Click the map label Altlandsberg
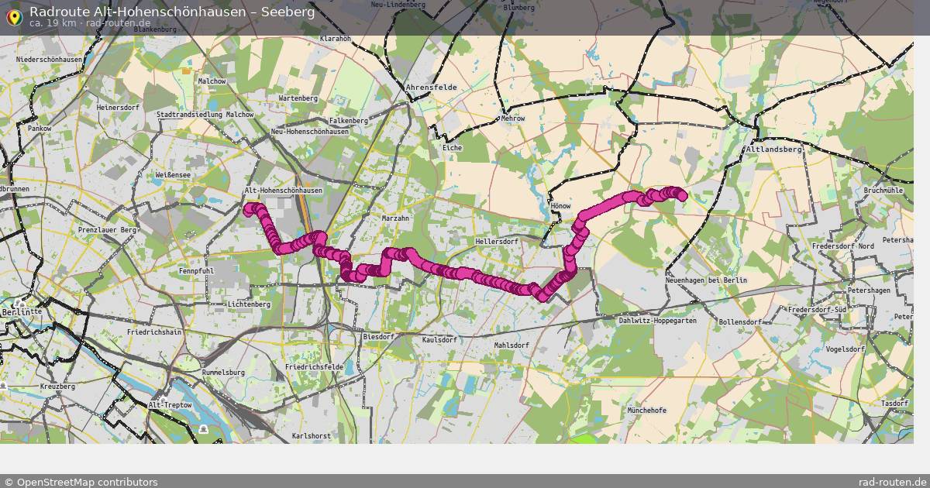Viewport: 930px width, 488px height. click(773, 149)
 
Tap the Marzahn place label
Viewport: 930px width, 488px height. click(395, 218)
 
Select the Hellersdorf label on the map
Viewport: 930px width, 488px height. click(496, 242)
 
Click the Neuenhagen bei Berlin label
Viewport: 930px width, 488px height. click(706, 280)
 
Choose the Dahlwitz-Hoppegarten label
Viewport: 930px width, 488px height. click(658, 320)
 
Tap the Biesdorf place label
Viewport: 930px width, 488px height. click(378, 337)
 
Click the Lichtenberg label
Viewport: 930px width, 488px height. click(249, 304)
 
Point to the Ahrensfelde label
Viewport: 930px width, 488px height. click(431, 88)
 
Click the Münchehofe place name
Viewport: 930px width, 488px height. click(647, 410)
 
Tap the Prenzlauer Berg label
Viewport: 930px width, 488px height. click(107, 230)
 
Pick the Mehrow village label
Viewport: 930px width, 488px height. click(513, 119)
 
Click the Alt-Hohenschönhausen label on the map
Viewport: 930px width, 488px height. click(283, 191)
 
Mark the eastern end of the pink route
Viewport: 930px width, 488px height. click(683, 197)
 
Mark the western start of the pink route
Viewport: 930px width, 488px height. click(249, 208)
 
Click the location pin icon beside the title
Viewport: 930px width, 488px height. click(13, 16)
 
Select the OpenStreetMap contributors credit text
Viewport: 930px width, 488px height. click(81, 482)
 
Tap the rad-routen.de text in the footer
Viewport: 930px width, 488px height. click(893, 482)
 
